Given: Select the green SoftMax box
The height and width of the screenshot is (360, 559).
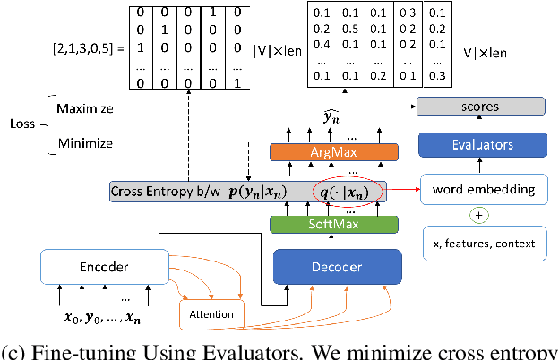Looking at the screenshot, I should pyautogui.click(x=331, y=223).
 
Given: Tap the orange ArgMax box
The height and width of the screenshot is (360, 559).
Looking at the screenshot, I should pyautogui.click(x=331, y=153).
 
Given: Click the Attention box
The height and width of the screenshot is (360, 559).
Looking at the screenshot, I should pyautogui.click(x=211, y=314).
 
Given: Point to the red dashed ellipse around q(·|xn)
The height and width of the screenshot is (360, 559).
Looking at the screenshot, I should pyautogui.click(x=346, y=191).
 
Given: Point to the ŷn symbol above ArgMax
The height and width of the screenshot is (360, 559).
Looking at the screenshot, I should pyautogui.click(x=331, y=116).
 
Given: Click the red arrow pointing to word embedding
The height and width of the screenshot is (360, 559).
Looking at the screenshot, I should pyautogui.click(x=402, y=190).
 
